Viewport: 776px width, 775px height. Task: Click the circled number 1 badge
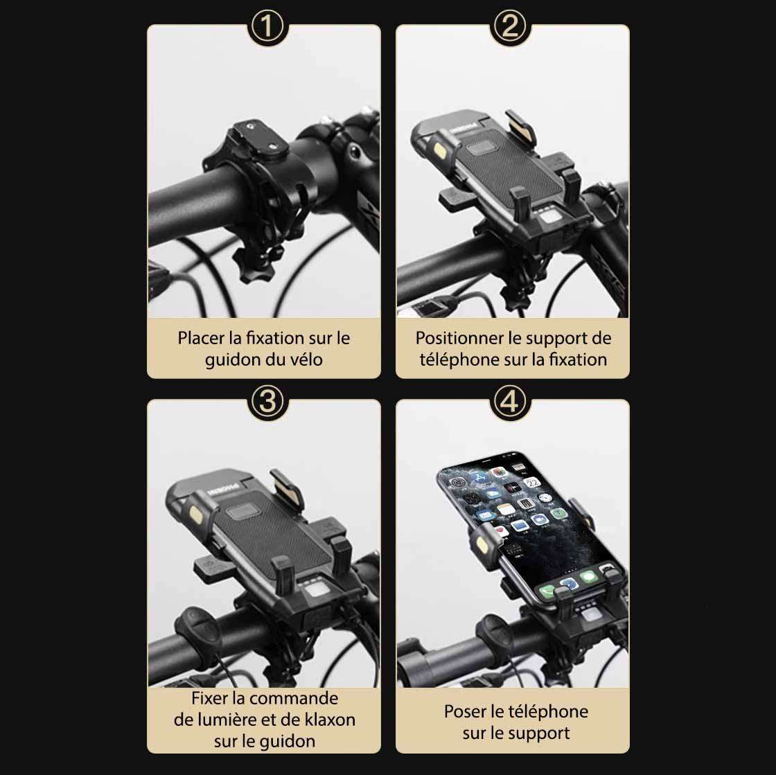[267, 26]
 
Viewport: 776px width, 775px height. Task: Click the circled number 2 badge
[509, 26]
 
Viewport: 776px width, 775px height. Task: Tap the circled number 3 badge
[267, 402]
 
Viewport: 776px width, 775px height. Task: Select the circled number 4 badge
[509, 402]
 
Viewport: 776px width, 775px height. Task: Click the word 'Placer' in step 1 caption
[201, 338]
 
